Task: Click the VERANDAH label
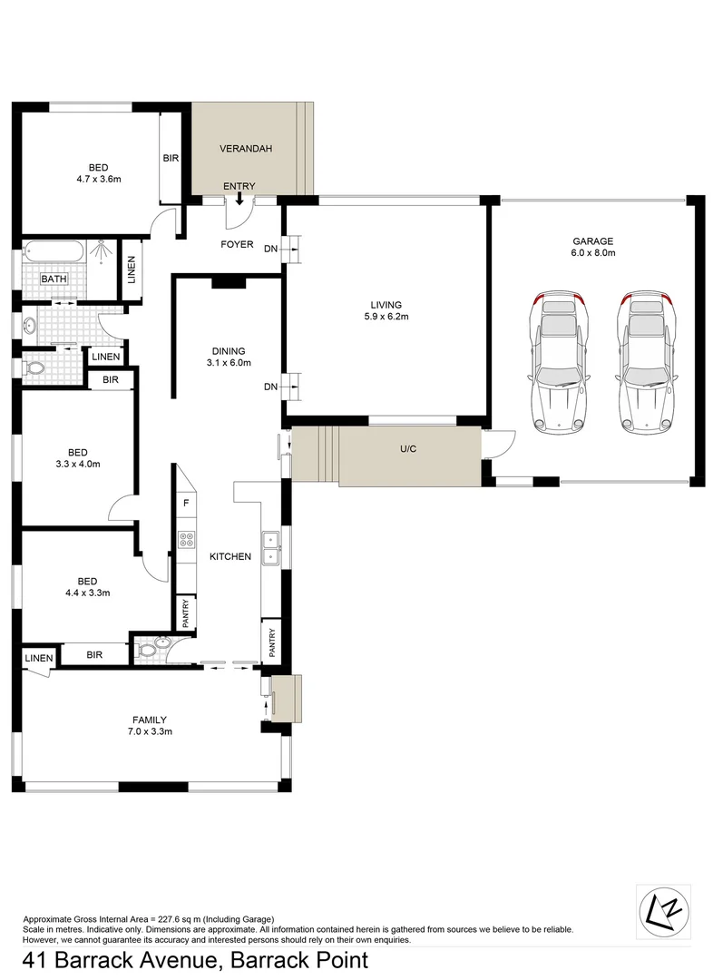(x=246, y=149)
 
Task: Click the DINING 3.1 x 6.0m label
(x=228, y=357)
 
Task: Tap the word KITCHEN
(x=230, y=556)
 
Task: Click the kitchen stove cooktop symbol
(x=188, y=541)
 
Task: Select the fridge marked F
(x=186, y=503)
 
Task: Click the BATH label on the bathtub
(x=53, y=279)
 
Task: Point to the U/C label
(x=407, y=449)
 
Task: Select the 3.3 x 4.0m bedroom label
(x=77, y=457)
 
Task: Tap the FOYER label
(x=237, y=245)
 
